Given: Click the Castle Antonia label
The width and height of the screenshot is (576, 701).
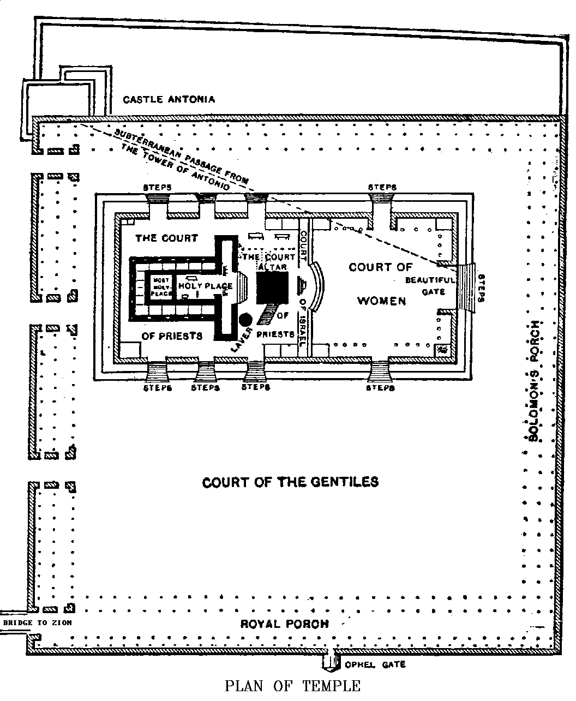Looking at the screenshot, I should pos(169,99).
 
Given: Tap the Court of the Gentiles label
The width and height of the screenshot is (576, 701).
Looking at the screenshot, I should pos(290,482).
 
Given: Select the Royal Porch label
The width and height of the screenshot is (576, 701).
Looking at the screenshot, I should pos(285,624).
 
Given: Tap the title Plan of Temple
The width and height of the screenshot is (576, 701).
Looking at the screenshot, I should pos(293,686).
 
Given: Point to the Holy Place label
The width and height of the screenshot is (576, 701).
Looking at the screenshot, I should pos(205,286).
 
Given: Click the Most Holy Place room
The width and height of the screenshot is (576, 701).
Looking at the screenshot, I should pos(161,286).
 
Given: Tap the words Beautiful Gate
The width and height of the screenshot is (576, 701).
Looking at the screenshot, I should pos(430,286).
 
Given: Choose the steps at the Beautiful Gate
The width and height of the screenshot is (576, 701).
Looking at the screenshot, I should pos(467,287).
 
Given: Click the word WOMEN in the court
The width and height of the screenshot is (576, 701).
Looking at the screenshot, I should pos(382,301).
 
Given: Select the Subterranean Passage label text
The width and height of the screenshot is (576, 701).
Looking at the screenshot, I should pos(180,158).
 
